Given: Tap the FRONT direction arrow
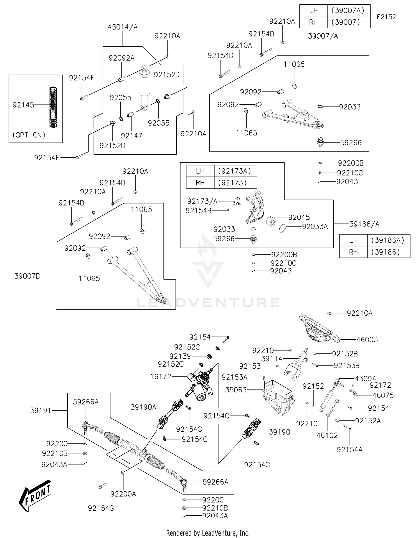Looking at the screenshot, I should [35, 495].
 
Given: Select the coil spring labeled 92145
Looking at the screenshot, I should [53, 107].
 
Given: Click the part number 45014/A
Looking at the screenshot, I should [123, 27].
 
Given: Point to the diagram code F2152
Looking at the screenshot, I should [386, 17].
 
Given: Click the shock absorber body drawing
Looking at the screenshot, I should [144, 83].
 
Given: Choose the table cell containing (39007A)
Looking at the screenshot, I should [349, 11].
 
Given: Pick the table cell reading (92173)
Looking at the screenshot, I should [235, 183].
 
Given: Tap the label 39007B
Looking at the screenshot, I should [27, 276].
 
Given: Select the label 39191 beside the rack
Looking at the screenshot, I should [40, 410].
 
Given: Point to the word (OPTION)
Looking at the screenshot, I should [29, 135].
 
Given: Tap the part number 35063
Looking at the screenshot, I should [236, 390].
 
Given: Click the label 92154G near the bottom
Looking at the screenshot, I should [101, 508].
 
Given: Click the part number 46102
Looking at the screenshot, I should [327, 435].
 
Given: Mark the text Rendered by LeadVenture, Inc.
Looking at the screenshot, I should [208, 533].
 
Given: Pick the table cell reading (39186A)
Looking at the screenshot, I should [388, 240].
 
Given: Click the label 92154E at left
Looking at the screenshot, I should [47, 158].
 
